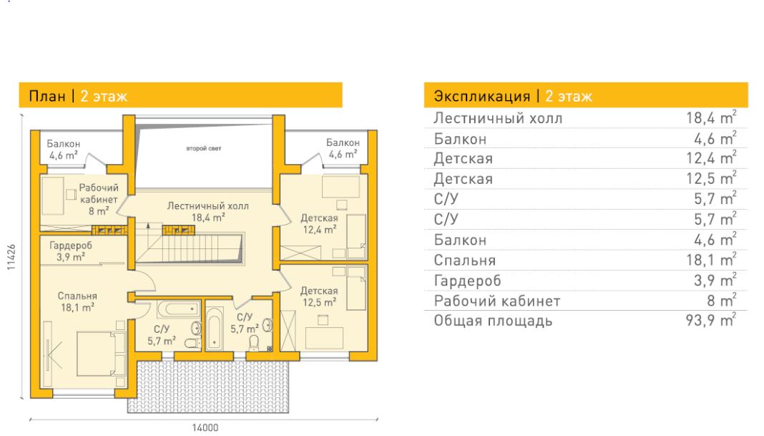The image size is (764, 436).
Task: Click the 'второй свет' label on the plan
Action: (x=204, y=148)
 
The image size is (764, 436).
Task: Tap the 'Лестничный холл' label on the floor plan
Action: (x=207, y=205)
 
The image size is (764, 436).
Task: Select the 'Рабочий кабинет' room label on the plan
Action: (x=99, y=193)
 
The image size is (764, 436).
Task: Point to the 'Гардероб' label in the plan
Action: (x=71, y=246)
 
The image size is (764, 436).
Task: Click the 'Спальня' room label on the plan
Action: (x=77, y=296)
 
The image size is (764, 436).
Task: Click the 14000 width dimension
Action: (x=205, y=427)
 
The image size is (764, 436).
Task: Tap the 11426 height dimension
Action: (x=11, y=257)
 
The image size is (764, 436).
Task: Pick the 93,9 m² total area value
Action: (x=710, y=321)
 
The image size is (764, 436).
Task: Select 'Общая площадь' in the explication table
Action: (x=493, y=321)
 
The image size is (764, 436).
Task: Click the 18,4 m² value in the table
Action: (x=711, y=117)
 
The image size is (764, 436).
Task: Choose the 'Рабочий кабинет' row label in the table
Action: (x=497, y=301)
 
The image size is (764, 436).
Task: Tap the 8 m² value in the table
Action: (x=722, y=301)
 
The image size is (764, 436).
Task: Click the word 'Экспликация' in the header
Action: (x=482, y=96)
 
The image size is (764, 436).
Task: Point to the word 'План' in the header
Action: (x=47, y=96)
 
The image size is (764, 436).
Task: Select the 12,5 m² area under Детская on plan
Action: (x=319, y=302)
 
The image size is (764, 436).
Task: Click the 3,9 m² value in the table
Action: (x=715, y=280)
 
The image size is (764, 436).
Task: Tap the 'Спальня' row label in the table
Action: (x=465, y=261)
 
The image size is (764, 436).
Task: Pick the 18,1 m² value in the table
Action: (x=711, y=259)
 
